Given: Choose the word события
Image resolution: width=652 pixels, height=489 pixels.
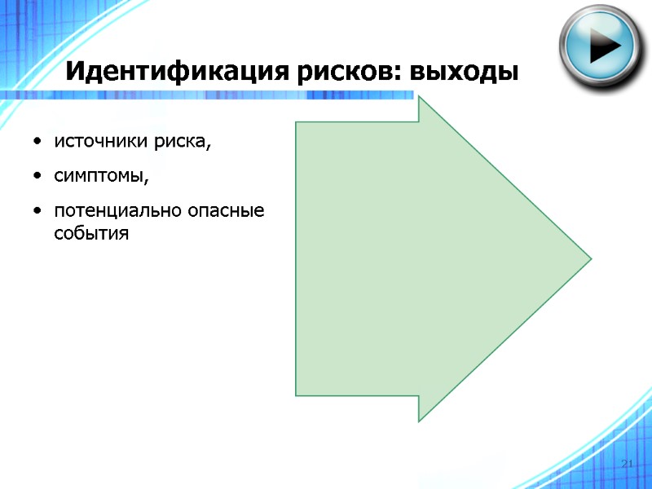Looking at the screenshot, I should [x=92, y=234].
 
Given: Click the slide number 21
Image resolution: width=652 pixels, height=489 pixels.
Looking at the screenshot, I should [x=627, y=464].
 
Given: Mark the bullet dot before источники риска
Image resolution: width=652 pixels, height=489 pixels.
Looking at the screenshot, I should [x=38, y=144].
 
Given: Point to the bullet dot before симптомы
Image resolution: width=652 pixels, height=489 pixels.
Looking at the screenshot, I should [x=38, y=178].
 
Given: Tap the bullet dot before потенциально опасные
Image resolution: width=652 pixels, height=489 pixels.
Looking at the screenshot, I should [x=38, y=212].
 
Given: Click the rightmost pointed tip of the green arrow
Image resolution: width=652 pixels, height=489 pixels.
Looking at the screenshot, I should [x=590, y=259].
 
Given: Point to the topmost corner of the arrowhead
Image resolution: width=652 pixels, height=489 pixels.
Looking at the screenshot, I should [x=419, y=99].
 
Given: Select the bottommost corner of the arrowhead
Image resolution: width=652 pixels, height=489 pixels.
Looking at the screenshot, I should [x=419, y=421].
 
